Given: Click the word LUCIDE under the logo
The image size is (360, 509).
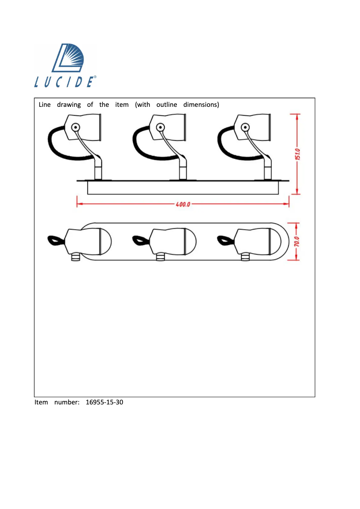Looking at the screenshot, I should coord(65,82).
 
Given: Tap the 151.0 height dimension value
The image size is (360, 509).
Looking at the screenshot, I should coord(298,154).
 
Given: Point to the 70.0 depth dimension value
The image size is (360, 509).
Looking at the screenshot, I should coord(298,241).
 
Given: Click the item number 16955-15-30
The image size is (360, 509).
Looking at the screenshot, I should coord(104,402).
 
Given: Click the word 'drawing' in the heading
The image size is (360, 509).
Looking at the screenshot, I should coord(69,105).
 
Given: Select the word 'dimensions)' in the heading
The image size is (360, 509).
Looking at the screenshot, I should coord(201,105).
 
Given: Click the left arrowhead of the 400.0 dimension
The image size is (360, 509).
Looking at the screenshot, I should coord(79,204).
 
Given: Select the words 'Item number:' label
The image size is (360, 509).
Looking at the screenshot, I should coord(57,402).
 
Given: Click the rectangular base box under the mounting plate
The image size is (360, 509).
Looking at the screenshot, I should coord(184,188).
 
